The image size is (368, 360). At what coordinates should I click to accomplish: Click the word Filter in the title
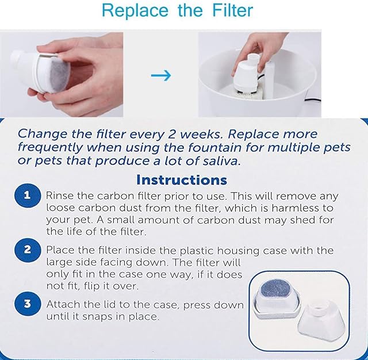(232, 10)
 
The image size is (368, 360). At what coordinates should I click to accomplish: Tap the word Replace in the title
(135, 12)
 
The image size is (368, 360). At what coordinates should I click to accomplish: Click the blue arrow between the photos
(161, 75)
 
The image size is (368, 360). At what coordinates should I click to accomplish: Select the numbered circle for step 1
(27, 196)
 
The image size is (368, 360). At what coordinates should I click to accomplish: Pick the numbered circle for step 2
(27, 250)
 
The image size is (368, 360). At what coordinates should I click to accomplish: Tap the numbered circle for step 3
(27, 304)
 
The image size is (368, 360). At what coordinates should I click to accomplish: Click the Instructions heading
(182, 180)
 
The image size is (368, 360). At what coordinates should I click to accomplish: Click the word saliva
(222, 161)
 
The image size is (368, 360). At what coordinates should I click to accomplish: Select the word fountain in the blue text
(214, 148)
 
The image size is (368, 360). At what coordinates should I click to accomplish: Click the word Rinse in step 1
(60, 196)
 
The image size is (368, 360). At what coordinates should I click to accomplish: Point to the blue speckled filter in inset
(276, 289)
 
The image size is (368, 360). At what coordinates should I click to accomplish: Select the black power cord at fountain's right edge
(313, 101)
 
